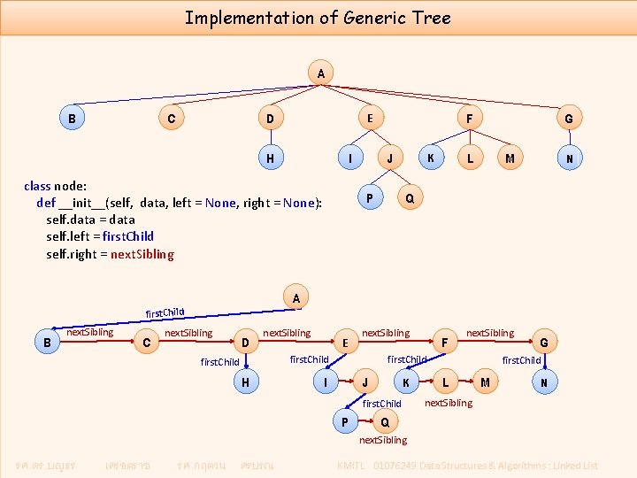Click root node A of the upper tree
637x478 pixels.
[319, 73]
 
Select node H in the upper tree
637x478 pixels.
[269, 158]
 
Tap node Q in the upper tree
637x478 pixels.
[409, 197]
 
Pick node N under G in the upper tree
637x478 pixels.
[569, 158]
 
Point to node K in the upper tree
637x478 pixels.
[430, 158]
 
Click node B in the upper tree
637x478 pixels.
[70, 118]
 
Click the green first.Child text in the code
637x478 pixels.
[127, 236]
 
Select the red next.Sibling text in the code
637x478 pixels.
[142, 254]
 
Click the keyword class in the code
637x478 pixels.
[38, 186]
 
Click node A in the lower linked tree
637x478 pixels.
[296, 299]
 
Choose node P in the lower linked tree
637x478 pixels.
[345, 421]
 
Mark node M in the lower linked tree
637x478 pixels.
[484, 382]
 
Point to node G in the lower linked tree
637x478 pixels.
[544, 343]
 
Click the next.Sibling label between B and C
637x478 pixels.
[90, 332]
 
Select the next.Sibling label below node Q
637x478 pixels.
[383, 440]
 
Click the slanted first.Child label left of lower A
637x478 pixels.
[165, 312]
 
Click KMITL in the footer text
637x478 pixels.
[353, 466]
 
